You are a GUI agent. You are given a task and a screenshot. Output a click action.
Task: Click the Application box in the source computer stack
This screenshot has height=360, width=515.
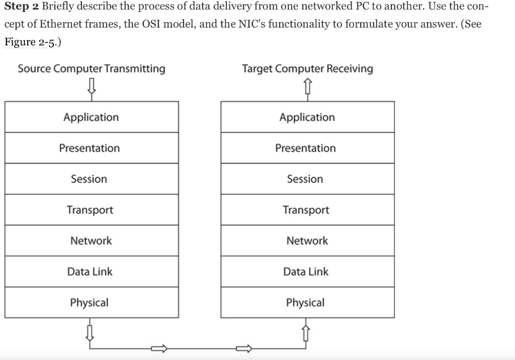pos(92,117)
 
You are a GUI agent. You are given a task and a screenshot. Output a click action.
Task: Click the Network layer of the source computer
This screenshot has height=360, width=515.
pos(92,241)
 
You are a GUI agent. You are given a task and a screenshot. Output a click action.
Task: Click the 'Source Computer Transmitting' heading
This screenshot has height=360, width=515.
pos(92,69)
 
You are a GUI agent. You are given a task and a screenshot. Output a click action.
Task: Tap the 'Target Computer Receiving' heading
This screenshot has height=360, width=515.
pos(307,69)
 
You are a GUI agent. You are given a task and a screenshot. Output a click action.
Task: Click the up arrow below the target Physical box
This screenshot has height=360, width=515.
pos(306,332)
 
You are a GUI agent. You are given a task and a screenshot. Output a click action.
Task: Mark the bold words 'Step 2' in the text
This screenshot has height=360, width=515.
pos(22,8)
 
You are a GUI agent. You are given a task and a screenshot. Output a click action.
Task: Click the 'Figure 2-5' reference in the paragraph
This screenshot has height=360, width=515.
pos(32,42)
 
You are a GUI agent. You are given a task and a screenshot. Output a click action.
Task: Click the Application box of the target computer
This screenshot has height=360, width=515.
pos(307,117)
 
